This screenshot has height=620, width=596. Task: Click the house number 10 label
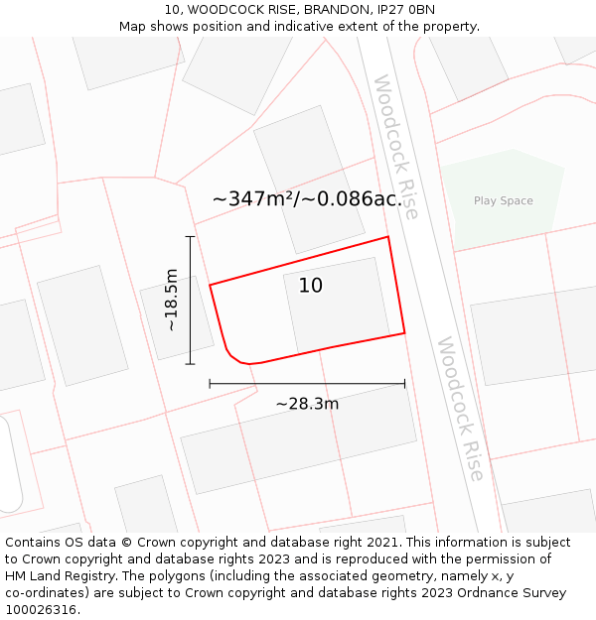(310, 286)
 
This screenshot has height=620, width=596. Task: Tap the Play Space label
(503, 200)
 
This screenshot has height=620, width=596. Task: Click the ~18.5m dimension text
(171, 300)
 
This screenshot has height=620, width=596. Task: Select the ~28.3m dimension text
(307, 404)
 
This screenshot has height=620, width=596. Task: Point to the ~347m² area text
(252, 198)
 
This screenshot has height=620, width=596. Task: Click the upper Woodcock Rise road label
(396, 146)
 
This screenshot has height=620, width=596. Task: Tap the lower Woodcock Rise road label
(460, 408)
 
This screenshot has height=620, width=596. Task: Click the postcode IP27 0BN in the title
(402, 9)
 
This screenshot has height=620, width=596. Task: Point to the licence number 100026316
(41, 610)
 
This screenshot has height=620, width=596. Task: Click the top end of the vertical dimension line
(190, 236)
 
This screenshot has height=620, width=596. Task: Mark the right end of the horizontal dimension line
(404, 383)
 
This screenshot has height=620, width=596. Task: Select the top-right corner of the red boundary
(387, 237)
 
